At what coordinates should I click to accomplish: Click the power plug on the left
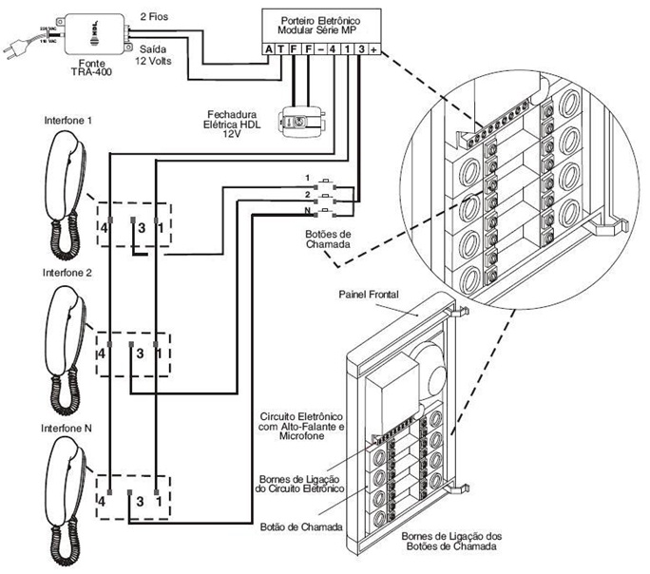pyautogui.click(x=21, y=44)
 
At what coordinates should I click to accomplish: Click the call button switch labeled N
pyautogui.click(x=328, y=210)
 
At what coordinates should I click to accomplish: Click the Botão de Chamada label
pyautogui.click(x=299, y=525)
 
